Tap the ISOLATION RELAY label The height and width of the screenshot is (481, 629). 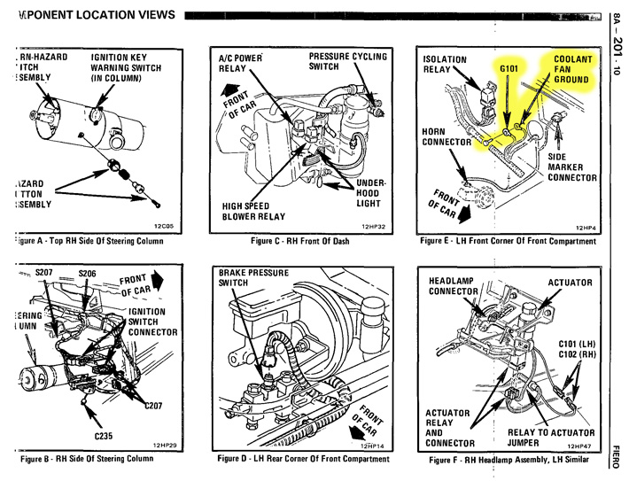445,65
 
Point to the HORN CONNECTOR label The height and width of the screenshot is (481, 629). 447,136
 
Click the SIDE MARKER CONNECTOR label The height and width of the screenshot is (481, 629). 572,167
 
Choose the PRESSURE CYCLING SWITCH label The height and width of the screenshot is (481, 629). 347,61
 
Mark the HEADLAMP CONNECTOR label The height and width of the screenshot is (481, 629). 454,286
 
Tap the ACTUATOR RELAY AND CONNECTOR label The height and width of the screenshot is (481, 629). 454,428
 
